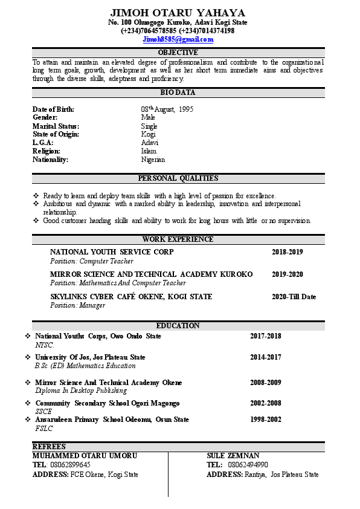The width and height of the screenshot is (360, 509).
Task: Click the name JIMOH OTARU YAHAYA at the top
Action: (178, 13)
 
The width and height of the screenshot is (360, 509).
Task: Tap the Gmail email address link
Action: (178, 39)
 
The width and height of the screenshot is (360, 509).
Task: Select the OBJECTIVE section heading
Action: (178, 53)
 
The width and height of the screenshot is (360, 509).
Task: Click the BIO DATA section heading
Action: (178, 92)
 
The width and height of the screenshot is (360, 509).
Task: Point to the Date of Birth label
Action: (53, 109)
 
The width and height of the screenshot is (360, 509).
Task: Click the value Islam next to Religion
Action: (149, 151)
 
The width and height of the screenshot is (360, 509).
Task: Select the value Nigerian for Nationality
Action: (153, 160)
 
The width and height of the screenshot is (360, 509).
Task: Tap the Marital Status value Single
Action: (149, 126)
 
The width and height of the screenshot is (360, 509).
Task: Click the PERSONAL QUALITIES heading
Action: (178, 178)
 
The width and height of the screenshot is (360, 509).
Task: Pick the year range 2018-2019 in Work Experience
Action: (287, 252)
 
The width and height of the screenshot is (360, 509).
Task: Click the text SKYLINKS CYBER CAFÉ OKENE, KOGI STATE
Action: (131, 297)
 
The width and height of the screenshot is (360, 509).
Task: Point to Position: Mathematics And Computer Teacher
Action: (118, 283)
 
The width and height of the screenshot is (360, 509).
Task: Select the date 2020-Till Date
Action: (294, 297)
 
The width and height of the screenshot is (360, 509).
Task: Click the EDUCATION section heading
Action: (178, 326)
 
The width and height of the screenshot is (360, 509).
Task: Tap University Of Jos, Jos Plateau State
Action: (90, 357)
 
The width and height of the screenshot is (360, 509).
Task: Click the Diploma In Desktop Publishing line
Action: (81, 391)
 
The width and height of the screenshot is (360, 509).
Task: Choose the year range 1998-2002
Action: (266, 420)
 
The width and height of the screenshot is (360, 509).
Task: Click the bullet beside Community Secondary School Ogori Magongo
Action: (28, 403)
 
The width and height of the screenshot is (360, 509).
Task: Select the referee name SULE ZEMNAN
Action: (233, 455)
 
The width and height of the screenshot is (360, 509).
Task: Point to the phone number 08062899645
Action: (69, 465)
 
